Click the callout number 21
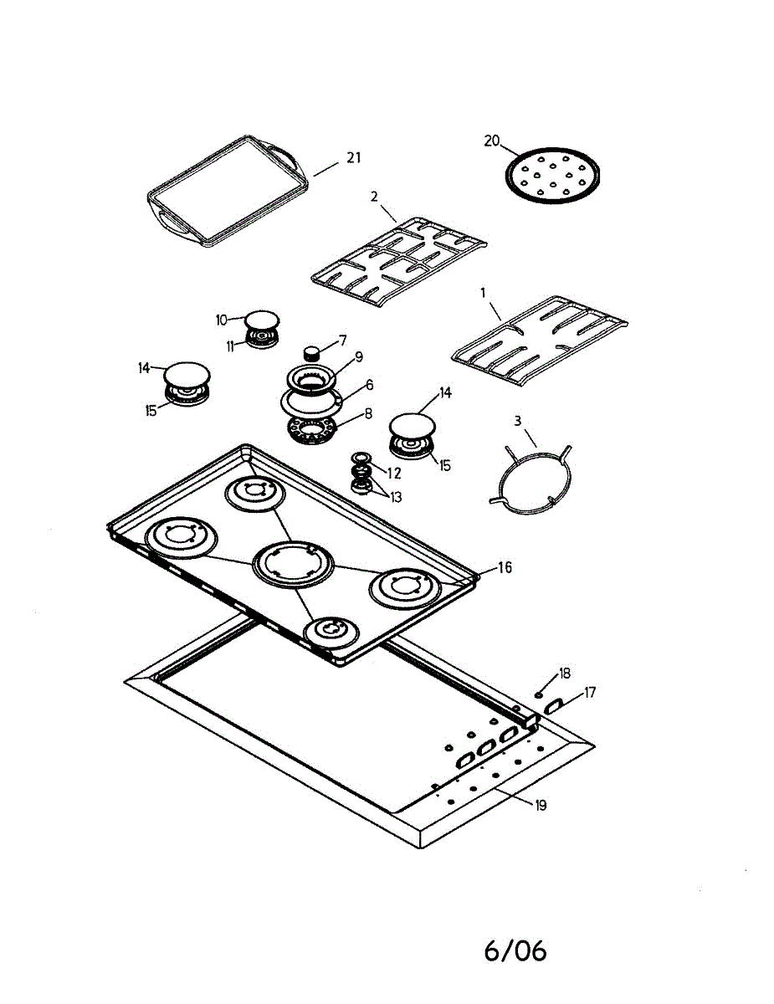354,157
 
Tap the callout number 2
374,197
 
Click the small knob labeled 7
313,351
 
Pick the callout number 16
504,567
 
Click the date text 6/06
515,950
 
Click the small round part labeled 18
540,694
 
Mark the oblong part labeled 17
554,708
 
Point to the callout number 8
368,413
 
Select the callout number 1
482,294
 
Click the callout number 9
358,356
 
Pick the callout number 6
368,385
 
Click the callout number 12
394,473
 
